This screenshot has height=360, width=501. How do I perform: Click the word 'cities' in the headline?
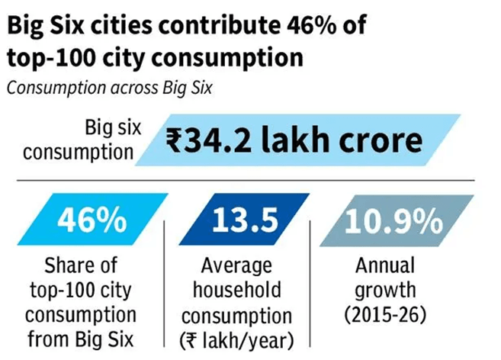(x=121, y=25)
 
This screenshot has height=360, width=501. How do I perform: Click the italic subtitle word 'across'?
(x=134, y=88)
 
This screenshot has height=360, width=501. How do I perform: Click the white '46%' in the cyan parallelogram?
(x=92, y=220)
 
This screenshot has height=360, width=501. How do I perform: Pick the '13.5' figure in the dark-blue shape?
(x=245, y=220)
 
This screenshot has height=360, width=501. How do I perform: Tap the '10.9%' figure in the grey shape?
(x=394, y=221)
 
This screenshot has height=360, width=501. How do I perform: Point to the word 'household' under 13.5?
(x=237, y=290)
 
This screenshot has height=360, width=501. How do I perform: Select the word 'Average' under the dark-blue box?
(x=236, y=266)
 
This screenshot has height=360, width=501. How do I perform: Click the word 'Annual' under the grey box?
(x=385, y=265)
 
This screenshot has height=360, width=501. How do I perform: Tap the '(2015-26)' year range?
(x=385, y=315)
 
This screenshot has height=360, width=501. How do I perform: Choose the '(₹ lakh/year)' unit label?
(x=236, y=340)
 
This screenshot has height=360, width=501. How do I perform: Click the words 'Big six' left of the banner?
(x=113, y=127)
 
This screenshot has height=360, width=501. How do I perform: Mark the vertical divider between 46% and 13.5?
(x=164, y=283)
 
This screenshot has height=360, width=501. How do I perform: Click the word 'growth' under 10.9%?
(x=386, y=291)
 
